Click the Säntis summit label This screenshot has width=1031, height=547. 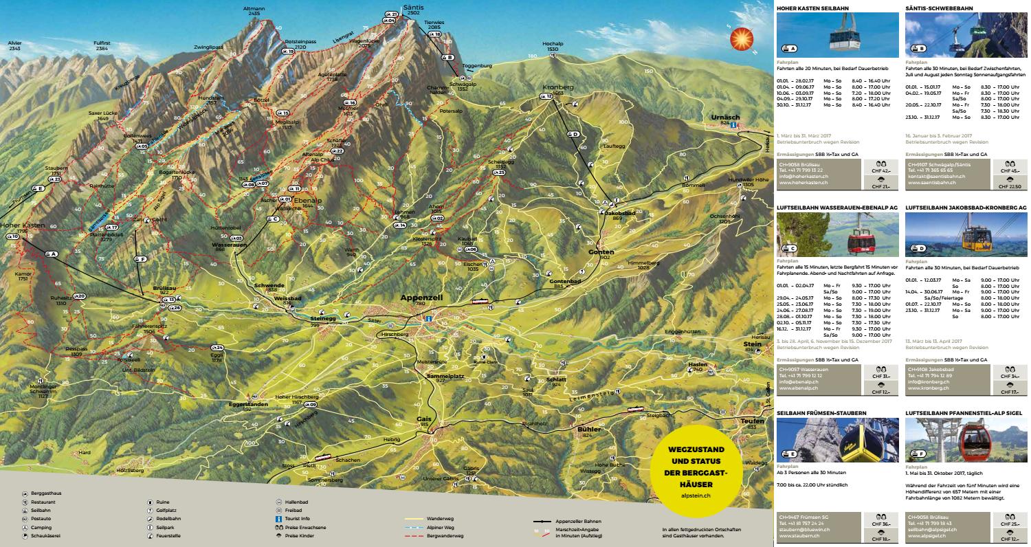414,6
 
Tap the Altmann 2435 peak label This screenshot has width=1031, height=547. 254,10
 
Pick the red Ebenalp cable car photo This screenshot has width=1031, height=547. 837,234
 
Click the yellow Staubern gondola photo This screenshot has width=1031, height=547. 837,440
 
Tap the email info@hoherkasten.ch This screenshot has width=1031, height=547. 799,177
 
